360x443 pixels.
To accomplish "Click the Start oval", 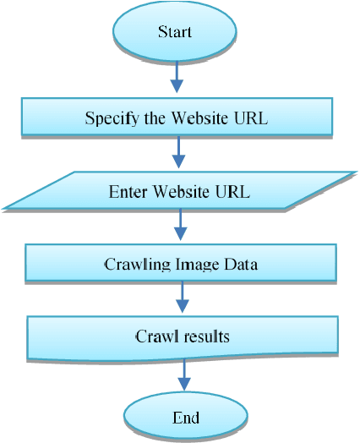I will [x=176, y=33].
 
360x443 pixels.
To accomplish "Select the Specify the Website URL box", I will [x=176, y=118].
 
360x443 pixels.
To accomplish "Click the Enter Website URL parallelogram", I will [x=179, y=191].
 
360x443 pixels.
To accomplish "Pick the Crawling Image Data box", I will [x=181, y=264].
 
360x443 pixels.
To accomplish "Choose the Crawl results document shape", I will [x=183, y=336].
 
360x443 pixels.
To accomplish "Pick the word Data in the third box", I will [x=240, y=264].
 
